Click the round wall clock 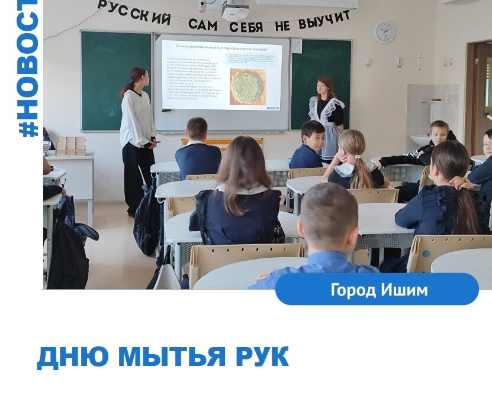coord(384,32)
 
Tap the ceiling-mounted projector coord(235,11)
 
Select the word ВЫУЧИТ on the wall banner coord(324,20)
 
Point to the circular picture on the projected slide coord(247,86)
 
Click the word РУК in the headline coord(261,357)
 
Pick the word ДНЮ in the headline coord(73,357)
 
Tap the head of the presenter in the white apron coord(325,86)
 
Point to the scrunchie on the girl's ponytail coord(460,180)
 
